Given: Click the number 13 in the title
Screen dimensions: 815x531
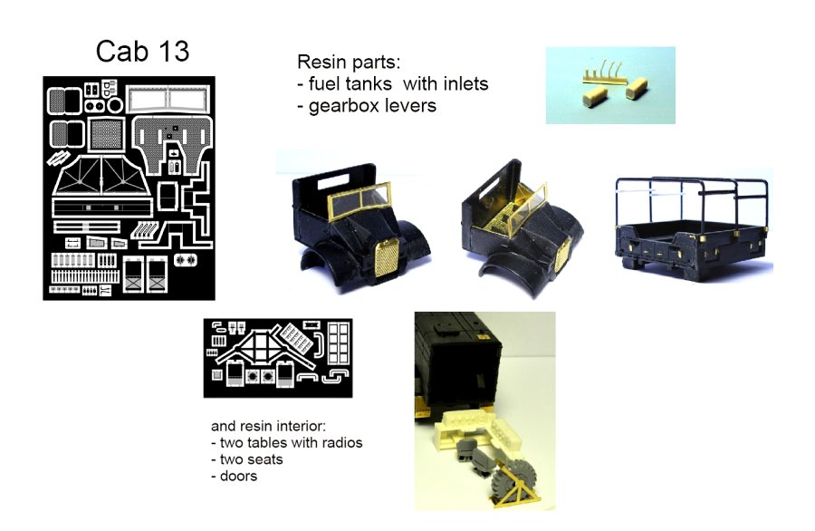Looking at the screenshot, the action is point(174,52).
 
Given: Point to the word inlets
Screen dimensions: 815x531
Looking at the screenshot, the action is point(465,83).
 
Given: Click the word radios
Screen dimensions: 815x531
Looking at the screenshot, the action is point(342,442).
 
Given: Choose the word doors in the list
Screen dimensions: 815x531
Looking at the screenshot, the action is point(238,476).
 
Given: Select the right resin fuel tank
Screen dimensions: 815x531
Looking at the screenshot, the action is point(637,88).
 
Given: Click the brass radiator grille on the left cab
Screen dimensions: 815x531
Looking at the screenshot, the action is point(387,258).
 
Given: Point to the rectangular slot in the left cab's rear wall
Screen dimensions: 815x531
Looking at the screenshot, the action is point(333,181).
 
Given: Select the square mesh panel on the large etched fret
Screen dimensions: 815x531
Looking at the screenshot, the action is point(107,134).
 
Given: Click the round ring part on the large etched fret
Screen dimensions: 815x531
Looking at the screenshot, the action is point(115,106).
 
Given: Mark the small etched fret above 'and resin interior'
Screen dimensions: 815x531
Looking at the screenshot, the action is point(278,358).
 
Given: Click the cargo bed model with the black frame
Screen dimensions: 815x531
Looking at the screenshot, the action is point(694,227).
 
